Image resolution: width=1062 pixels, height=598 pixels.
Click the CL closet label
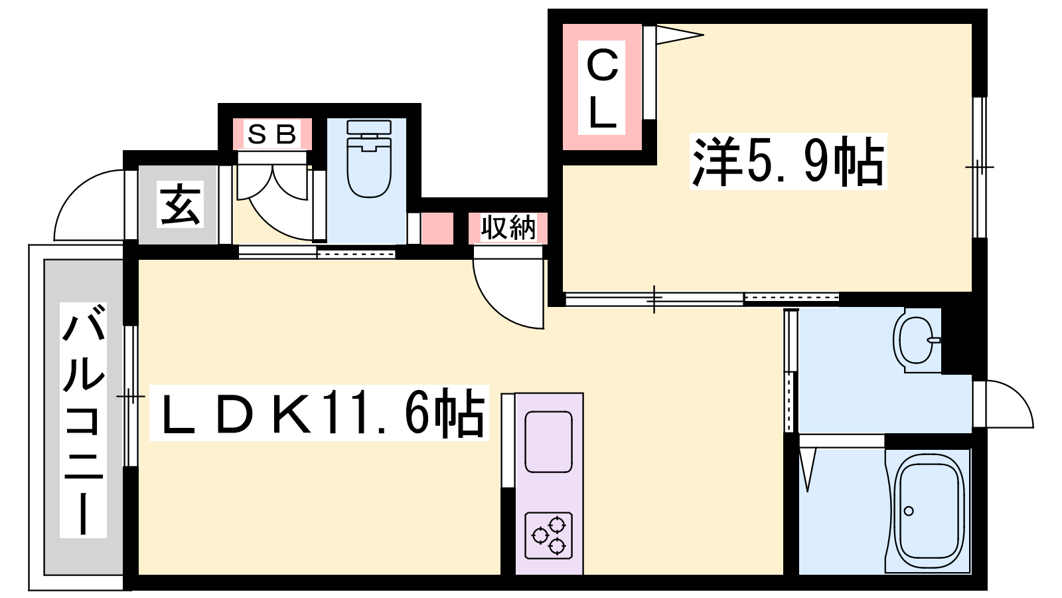click(x=601, y=89)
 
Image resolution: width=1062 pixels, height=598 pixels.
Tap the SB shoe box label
click(x=272, y=134)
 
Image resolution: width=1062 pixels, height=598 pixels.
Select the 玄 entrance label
click(x=180, y=205)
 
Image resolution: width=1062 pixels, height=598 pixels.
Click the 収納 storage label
click(x=508, y=228)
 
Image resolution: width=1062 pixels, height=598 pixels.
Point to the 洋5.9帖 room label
click(x=788, y=161)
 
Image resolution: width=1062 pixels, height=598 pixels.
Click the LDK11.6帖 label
click(x=319, y=413)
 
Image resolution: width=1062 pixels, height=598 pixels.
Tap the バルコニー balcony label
click(x=83, y=419)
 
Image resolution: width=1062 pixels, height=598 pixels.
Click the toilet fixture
click(x=369, y=159)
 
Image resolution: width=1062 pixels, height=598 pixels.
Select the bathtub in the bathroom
click(x=929, y=512)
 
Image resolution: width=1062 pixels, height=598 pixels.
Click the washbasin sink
click(x=916, y=340)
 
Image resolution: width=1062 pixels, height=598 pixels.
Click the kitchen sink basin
click(x=548, y=441)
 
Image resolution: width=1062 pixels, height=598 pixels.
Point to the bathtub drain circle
click(x=909, y=511)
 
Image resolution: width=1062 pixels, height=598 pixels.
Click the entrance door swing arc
click(x=75, y=190)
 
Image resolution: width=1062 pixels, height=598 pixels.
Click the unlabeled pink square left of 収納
click(x=437, y=229)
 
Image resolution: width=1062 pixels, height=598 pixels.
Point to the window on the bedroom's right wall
click(x=980, y=167)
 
